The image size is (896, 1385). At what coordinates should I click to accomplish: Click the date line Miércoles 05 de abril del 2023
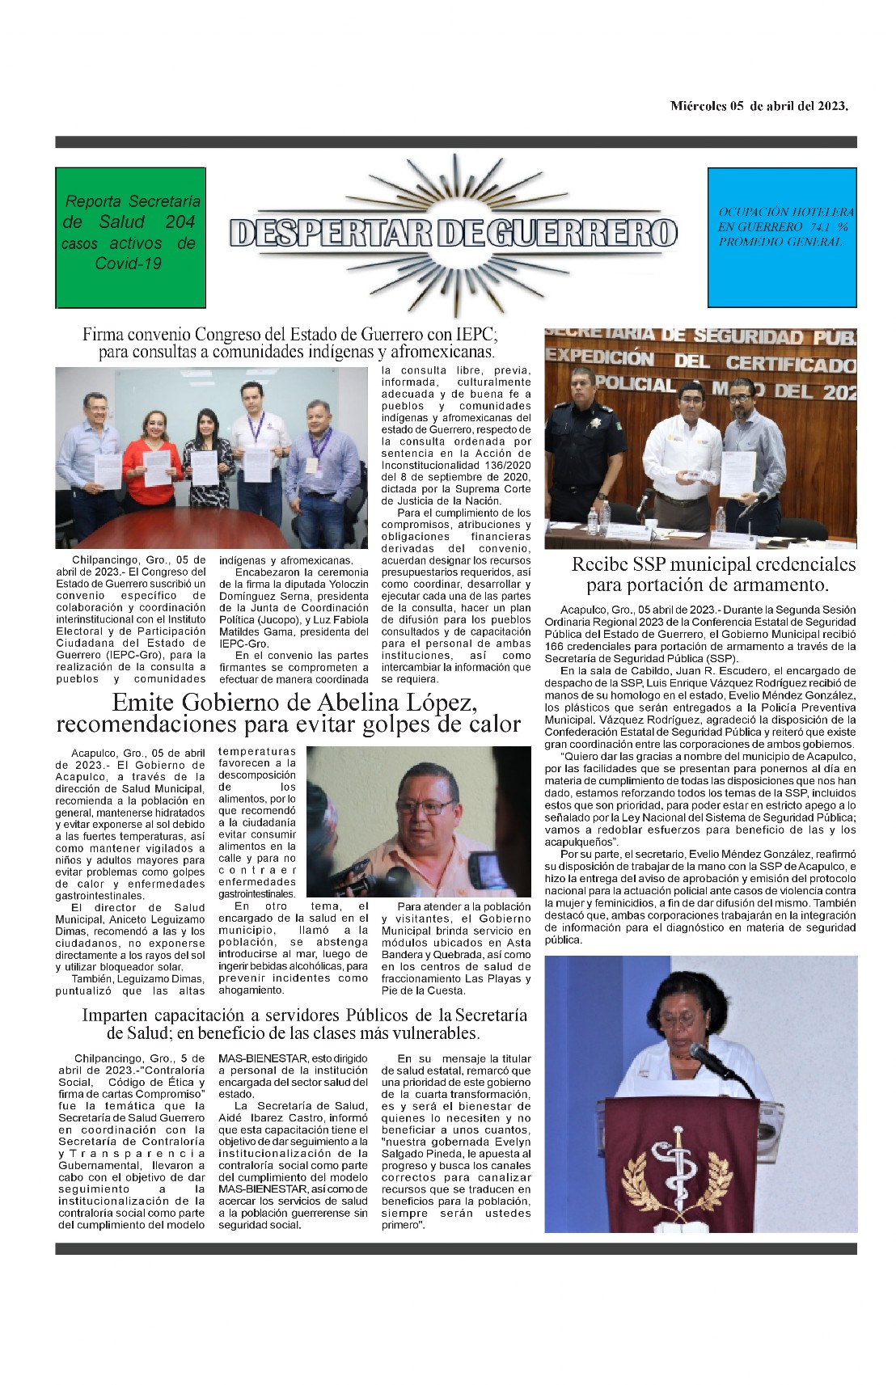pyautogui.click(x=759, y=106)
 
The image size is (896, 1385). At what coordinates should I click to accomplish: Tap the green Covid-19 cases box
pyautogui.click(x=130, y=237)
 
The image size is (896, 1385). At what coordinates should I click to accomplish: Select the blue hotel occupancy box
pyautogui.click(x=781, y=237)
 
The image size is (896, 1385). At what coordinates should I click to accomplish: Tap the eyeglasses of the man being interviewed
pyautogui.click(x=425, y=807)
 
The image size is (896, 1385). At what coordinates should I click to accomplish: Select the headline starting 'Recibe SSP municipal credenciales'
pyautogui.click(x=712, y=574)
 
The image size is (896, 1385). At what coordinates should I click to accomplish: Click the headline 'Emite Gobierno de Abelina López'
pyautogui.click(x=289, y=712)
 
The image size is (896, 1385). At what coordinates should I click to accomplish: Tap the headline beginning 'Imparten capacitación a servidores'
pyautogui.click(x=304, y=1024)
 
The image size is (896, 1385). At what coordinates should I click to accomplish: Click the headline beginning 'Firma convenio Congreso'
pyautogui.click(x=290, y=342)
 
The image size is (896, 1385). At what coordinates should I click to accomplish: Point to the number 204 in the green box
pyautogui.click(x=180, y=222)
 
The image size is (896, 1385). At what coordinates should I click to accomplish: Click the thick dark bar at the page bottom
pyautogui.click(x=455, y=1248)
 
